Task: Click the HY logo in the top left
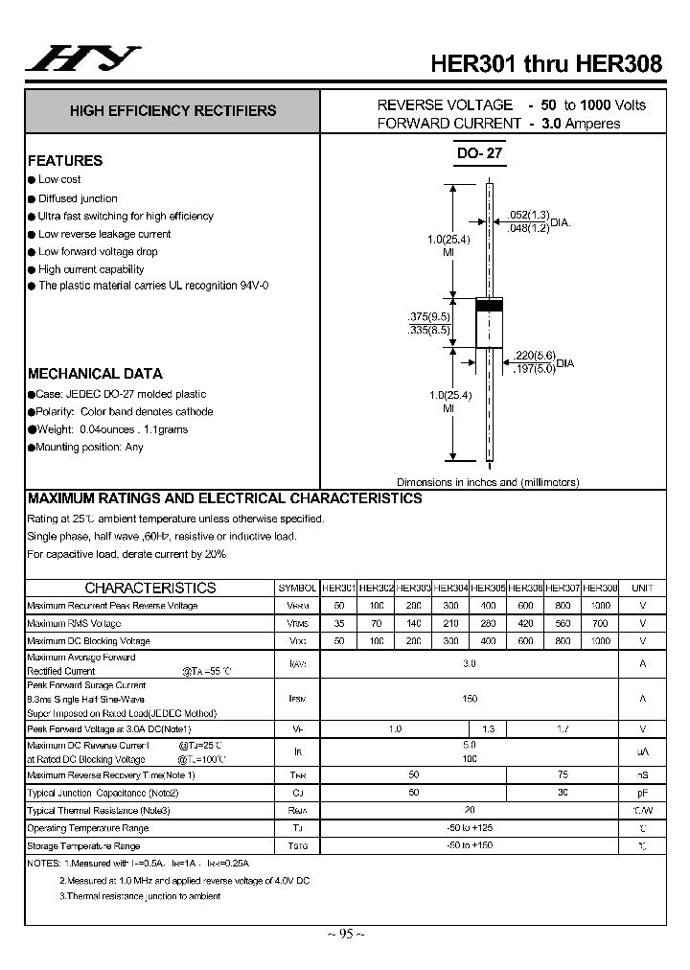(81, 59)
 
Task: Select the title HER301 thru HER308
(546, 64)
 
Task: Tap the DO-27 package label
(479, 153)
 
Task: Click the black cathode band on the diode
(490, 306)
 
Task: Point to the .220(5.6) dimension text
(534, 355)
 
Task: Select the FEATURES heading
(65, 161)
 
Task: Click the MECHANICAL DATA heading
(95, 374)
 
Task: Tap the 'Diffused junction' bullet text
(78, 198)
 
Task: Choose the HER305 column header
(489, 588)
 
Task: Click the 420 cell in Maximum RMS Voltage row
(526, 623)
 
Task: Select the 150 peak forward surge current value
(470, 699)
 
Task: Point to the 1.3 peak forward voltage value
(489, 729)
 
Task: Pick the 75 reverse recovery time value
(563, 774)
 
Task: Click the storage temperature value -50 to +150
(470, 844)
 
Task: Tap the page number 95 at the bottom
(345, 934)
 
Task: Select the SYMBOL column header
(297, 588)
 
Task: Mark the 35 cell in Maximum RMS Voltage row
(338, 623)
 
